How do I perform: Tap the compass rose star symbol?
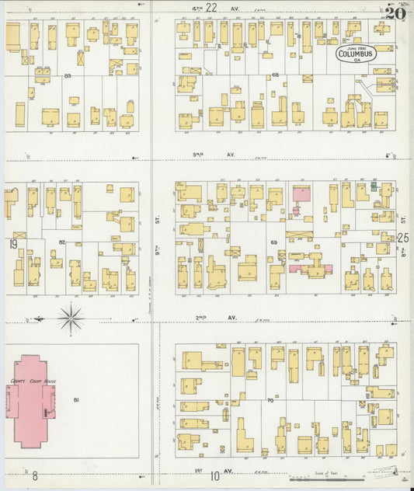pyautogui.click(x=71, y=316)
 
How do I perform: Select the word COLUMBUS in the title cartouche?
pyautogui.click(x=356, y=54)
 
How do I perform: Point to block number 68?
pyautogui.click(x=275, y=75)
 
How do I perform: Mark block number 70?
pyautogui.click(x=270, y=401)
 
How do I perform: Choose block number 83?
pyautogui.click(x=68, y=75)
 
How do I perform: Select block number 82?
pyautogui.click(x=62, y=242)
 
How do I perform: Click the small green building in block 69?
pyautogui.click(x=374, y=186)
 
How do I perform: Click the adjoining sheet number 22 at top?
pyautogui.click(x=211, y=7)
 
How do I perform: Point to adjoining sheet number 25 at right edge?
pyautogui.click(x=402, y=238)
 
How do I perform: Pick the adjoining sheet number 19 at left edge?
pyautogui.click(x=12, y=244)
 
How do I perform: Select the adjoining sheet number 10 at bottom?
pyautogui.click(x=215, y=476)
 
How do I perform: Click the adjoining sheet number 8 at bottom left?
pyautogui.click(x=35, y=475)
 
